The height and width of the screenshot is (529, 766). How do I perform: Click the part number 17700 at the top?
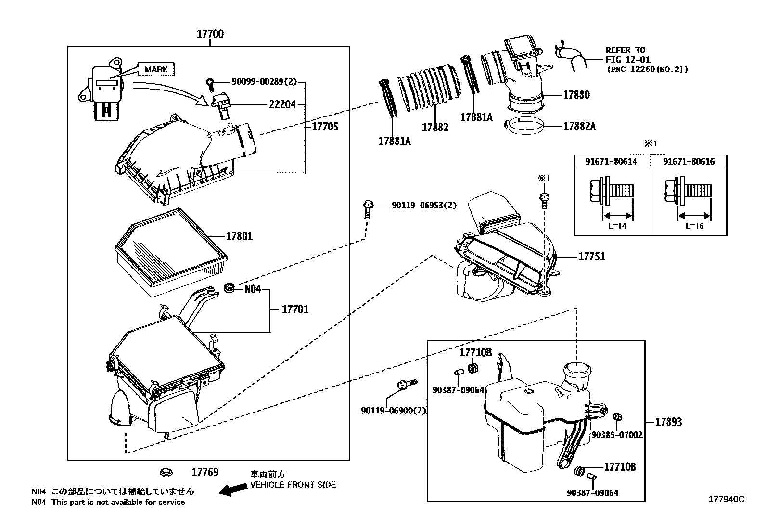[210, 34]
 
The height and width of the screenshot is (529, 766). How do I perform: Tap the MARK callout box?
[156, 69]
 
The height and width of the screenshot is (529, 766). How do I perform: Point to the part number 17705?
[325, 127]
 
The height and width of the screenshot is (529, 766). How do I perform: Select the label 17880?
[576, 95]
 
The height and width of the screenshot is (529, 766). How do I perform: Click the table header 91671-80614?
[611, 162]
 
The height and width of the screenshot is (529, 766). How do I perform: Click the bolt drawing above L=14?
[611, 192]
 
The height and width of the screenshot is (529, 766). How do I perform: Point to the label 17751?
[591, 257]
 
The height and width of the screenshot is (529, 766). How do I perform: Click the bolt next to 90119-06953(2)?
[368, 210]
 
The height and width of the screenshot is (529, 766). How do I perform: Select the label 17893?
[668, 422]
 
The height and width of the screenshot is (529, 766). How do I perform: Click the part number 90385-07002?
[617, 435]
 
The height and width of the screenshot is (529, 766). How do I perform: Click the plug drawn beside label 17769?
[167, 472]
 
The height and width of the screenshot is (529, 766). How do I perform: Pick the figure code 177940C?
[726, 499]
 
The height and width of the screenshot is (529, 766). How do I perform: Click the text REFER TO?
[625, 50]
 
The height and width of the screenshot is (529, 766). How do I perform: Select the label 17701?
[294, 309]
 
